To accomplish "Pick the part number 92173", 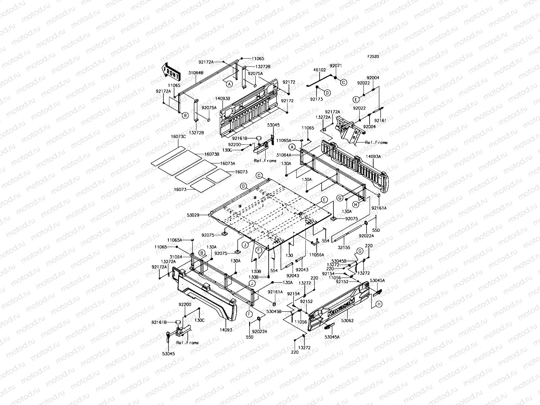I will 317,99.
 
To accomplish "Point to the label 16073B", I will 212,154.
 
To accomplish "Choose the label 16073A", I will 227,163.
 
